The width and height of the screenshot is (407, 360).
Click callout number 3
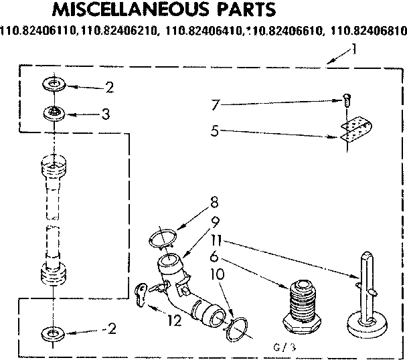point(105,114)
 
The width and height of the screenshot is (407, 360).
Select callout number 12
point(175,321)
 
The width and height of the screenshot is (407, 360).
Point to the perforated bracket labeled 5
point(355,132)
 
